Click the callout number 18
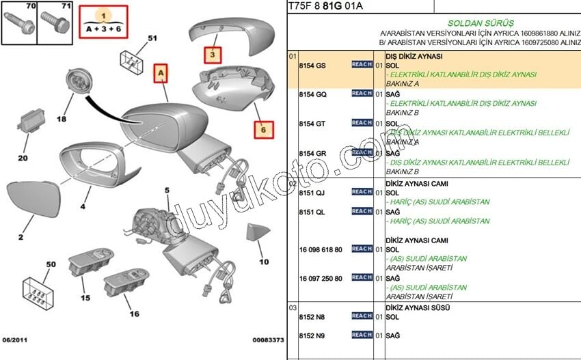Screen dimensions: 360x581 coord(62,120)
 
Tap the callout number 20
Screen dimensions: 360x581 coord(23,158)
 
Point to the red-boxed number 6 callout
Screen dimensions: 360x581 coord(264,128)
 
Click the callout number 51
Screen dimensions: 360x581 coord(152,38)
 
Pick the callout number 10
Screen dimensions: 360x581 coord(264,261)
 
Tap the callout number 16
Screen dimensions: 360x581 coord(134,314)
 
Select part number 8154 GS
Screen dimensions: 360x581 coord(313,65)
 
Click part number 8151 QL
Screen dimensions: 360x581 coord(313,212)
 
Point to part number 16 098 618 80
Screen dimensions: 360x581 coord(321,249)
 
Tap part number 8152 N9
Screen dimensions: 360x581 coord(313,335)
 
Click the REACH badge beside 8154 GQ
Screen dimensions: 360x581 coord(362,94)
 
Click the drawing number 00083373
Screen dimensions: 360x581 coord(268,340)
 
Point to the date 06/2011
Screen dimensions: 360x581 coord(15,340)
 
